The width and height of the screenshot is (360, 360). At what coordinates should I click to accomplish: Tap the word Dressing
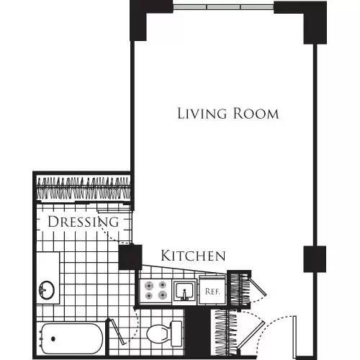[x=83, y=222]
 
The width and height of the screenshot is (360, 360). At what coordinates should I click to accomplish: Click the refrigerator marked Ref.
[x=212, y=292]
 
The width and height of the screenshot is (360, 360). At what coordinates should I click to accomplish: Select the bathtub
[x=72, y=338]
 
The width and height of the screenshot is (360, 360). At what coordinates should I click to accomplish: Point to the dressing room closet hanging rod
[x=83, y=189]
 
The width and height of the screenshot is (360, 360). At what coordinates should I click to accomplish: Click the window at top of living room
[x=223, y=7]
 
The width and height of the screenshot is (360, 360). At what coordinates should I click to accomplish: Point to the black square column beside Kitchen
[x=130, y=257]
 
